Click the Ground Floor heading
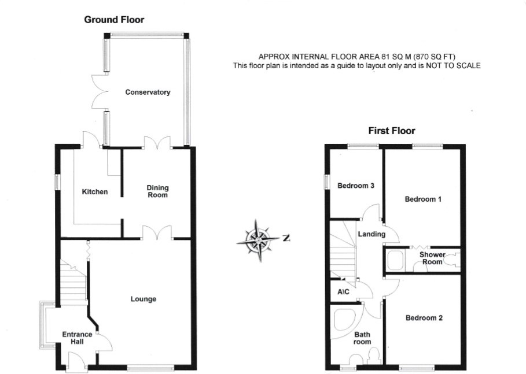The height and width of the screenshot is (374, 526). [x=114, y=20]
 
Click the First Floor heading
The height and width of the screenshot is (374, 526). [x=392, y=131]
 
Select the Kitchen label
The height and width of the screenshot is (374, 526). [x=94, y=191]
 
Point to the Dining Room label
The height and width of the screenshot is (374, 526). [x=157, y=191]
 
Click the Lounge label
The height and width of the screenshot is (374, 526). [x=143, y=299]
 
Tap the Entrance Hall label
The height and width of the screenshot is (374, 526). [x=77, y=338]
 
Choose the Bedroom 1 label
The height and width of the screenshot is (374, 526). [x=423, y=199]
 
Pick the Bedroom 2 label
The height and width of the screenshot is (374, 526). [x=424, y=318]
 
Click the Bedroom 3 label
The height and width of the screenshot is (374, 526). [x=356, y=186]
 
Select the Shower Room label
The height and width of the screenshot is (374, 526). [x=432, y=258]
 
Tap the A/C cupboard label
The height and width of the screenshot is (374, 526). [x=343, y=292]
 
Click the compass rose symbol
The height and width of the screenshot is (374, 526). [x=260, y=238]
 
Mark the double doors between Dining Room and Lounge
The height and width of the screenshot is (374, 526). [x=157, y=232]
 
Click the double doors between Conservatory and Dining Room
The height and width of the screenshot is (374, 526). [x=157, y=142]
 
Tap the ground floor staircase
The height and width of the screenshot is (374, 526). [x=73, y=283]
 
